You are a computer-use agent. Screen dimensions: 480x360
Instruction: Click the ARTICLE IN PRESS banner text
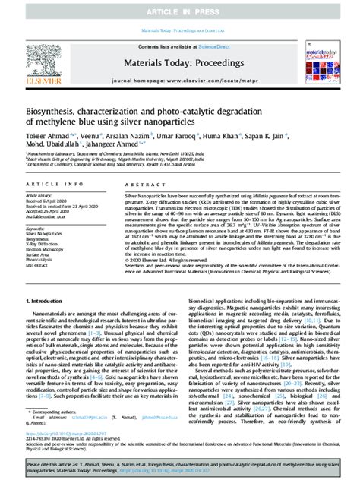(180, 8)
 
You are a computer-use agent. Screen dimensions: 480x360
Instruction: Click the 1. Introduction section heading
(38, 302)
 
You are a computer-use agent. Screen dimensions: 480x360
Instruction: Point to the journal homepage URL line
(180, 79)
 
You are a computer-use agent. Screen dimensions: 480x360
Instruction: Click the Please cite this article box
(180, 464)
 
